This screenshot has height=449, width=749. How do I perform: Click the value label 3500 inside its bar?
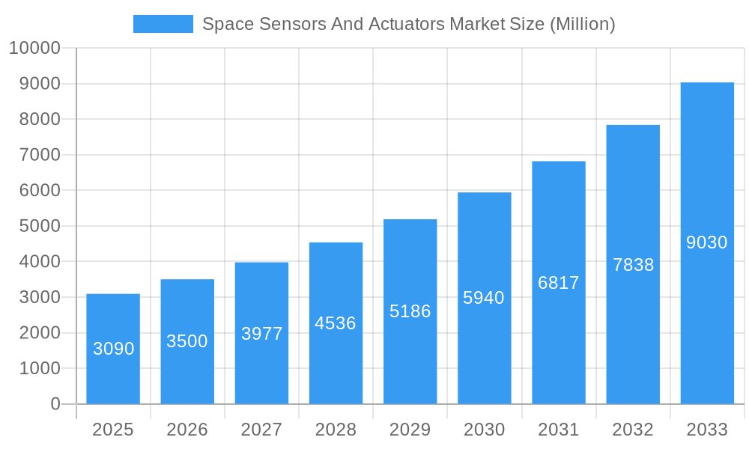187,341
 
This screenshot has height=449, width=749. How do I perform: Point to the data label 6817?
559,283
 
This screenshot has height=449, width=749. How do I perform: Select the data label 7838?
633,265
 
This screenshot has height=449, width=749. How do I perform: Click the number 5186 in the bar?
410,311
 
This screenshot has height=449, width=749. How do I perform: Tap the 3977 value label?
261,334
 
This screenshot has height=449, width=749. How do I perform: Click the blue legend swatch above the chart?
163,24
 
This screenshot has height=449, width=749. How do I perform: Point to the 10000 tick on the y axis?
34,49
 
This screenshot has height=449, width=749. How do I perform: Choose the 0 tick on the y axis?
55,404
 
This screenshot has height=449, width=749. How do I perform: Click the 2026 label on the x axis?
187,430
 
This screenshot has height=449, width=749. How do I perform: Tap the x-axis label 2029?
410,430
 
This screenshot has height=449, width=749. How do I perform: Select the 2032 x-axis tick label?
633,430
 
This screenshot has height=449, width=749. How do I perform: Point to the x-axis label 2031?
559,430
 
